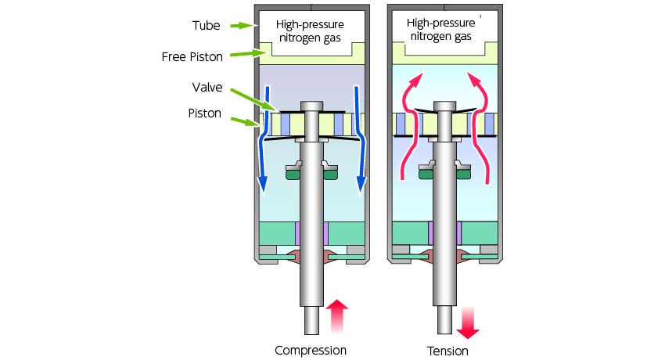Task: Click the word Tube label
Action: click(x=206, y=26)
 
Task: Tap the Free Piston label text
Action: click(x=192, y=57)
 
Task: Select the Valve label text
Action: click(x=207, y=88)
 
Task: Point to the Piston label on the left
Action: click(x=204, y=113)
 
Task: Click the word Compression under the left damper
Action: click(x=311, y=351)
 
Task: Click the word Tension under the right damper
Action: click(x=448, y=351)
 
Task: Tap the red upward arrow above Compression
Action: click(x=336, y=315)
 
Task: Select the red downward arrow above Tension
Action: click(x=468, y=323)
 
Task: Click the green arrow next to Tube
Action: click(x=242, y=26)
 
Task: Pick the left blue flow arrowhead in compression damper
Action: click(x=263, y=185)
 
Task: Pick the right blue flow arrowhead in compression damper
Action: click(x=361, y=185)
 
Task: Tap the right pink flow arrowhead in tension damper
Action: click(x=474, y=80)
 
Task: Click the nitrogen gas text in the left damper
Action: click(x=310, y=38)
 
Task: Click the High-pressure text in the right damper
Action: click(x=440, y=23)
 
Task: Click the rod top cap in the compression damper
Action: click(x=311, y=106)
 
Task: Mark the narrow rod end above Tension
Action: click(x=445, y=320)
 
